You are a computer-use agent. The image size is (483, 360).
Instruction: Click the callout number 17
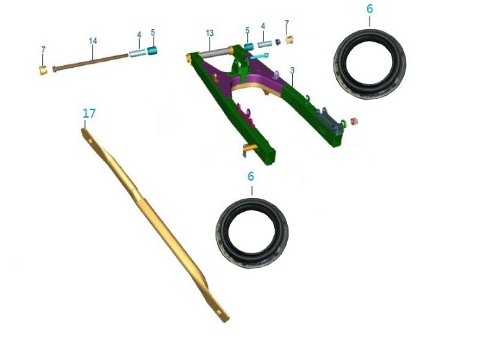pyautogui.click(x=89, y=114)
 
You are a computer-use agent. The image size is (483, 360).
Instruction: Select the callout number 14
pyautogui.click(x=93, y=41)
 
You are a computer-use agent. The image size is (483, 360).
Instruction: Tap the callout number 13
pyautogui.click(x=210, y=33)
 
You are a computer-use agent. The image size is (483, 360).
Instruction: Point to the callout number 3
pyautogui.click(x=292, y=71)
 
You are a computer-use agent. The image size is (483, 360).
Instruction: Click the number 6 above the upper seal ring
pyautogui.click(x=370, y=9)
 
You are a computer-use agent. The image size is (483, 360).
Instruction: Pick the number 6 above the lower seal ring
pyautogui.click(x=250, y=177)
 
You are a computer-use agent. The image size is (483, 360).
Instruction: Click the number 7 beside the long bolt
pyautogui.click(x=43, y=50)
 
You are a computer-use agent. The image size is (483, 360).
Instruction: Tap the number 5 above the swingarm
pyautogui.click(x=247, y=30)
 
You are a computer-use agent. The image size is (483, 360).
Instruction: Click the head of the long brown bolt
pyautogui.click(x=55, y=69)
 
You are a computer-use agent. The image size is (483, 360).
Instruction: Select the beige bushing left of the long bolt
pyautogui.click(x=43, y=71)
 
